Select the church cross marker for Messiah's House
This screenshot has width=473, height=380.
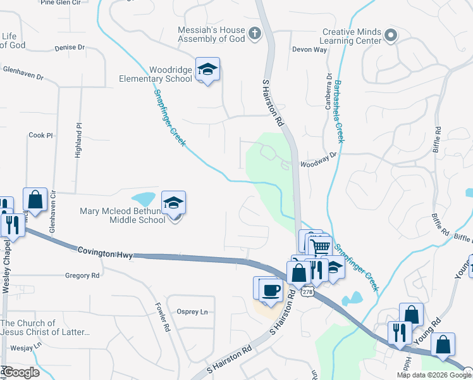click(255, 34)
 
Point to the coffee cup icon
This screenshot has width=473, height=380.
click(272, 289)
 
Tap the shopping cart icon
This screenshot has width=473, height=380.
click(321, 246)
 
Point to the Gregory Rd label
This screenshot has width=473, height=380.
click(83, 275)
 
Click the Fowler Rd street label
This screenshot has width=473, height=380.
click(162, 317)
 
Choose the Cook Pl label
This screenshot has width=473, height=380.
click(40, 135)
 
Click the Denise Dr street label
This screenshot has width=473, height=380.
click(70, 47)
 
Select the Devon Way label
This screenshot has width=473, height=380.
click(309, 49)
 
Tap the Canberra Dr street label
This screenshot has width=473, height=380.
click(329, 92)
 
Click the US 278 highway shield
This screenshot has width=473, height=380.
click(307, 292)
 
